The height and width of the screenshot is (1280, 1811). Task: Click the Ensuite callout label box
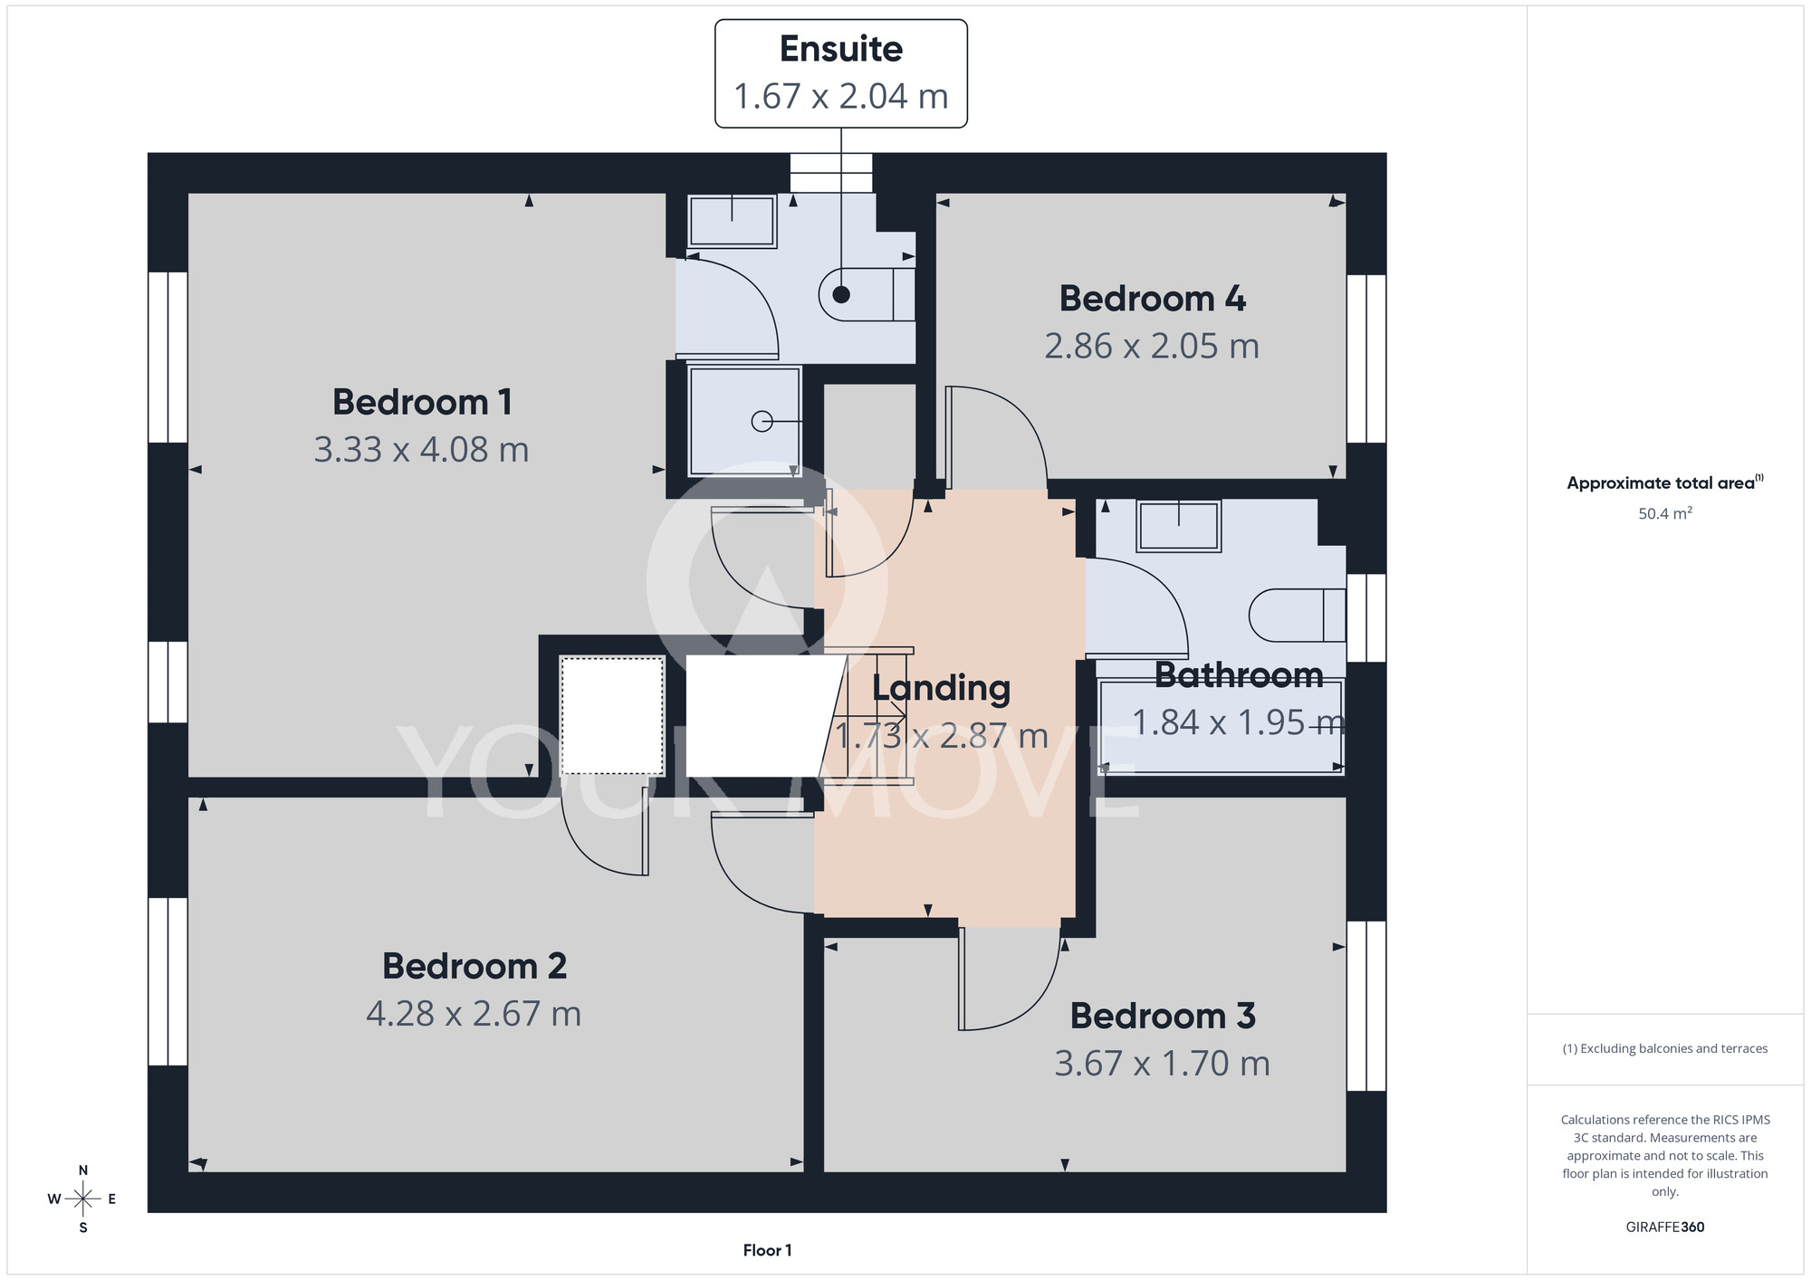pos(841,73)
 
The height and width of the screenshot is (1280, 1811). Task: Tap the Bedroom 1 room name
pos(422,402)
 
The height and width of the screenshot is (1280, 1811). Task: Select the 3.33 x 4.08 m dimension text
pos(421,450)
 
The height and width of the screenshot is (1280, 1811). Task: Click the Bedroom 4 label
pos(1152,299)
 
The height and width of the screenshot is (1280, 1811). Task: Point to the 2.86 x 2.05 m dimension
pos(1152,346)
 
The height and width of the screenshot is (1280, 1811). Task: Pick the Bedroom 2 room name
pos(474,966)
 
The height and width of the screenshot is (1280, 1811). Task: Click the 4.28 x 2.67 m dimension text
pos(474,1014)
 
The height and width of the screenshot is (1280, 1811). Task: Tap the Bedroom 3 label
pos(1163,1016)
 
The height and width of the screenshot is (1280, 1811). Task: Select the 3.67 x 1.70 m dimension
pos(1163,1064)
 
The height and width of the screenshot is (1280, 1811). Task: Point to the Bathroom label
pos(1239,675)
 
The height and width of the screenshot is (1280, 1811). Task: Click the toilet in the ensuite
pos(867,294)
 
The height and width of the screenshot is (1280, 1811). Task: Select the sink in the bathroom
pos(1179,525)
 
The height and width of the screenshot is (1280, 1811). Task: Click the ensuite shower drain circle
pos(762,421)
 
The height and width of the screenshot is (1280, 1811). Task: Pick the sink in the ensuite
pos(732,221)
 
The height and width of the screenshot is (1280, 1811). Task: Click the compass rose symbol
pos(82,1199)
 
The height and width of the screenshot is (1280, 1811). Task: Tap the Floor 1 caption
pos(767,1250)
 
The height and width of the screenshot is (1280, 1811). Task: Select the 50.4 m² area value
pos(1665,513)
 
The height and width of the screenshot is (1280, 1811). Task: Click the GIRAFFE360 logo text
pos(1665,1227)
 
